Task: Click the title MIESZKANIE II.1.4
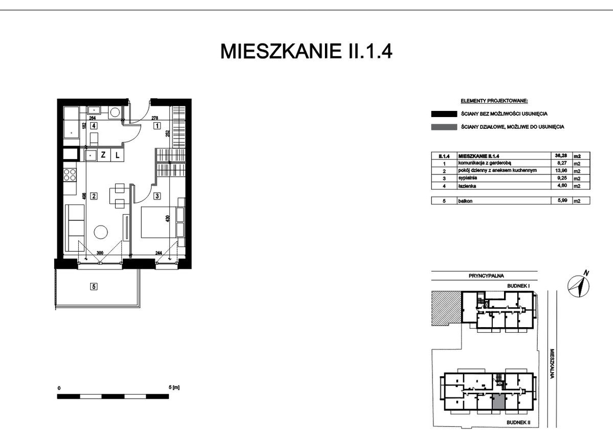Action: coord(306,51)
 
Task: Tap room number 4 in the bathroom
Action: coord(94,126)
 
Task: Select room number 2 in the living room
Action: coord(94,196)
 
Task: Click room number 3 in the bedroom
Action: coord(157,196)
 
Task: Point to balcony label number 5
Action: coord(94,286)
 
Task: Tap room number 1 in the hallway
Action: coord(157,126)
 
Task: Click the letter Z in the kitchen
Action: coord(103,155)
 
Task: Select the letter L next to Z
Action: coord(117,155)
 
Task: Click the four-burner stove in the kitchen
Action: coord(70,174)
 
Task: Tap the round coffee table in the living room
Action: coord(101,233)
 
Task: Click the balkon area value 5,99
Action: coord(561,201)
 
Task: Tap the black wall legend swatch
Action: coord(444,114)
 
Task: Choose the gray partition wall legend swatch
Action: coord(444,127)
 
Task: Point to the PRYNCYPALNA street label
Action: coord(486,276)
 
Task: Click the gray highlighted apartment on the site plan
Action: coord(498,401)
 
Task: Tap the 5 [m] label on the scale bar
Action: coord(174,388)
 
